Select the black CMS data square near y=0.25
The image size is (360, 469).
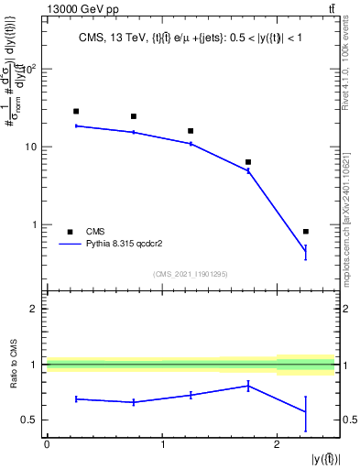tap(76, 112)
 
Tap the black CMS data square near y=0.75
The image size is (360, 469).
tap(134, 116)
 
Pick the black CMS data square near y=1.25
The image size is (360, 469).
tap(191, 131)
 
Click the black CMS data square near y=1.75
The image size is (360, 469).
tap(248, 162)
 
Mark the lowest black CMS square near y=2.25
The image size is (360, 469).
tap(306, 232)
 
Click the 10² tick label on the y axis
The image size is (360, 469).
tap(28, 69)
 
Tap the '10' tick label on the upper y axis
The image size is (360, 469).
tap(30, 147)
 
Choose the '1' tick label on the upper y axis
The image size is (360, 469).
tap(34, 224)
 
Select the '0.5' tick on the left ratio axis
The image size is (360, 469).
tap(28, 420)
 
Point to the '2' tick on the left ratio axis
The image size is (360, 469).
tap(34, 309)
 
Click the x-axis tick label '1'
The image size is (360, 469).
tap(162, 444)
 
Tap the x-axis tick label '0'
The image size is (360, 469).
tap(47, 444)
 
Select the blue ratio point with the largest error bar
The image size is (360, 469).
tap(306, 411)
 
